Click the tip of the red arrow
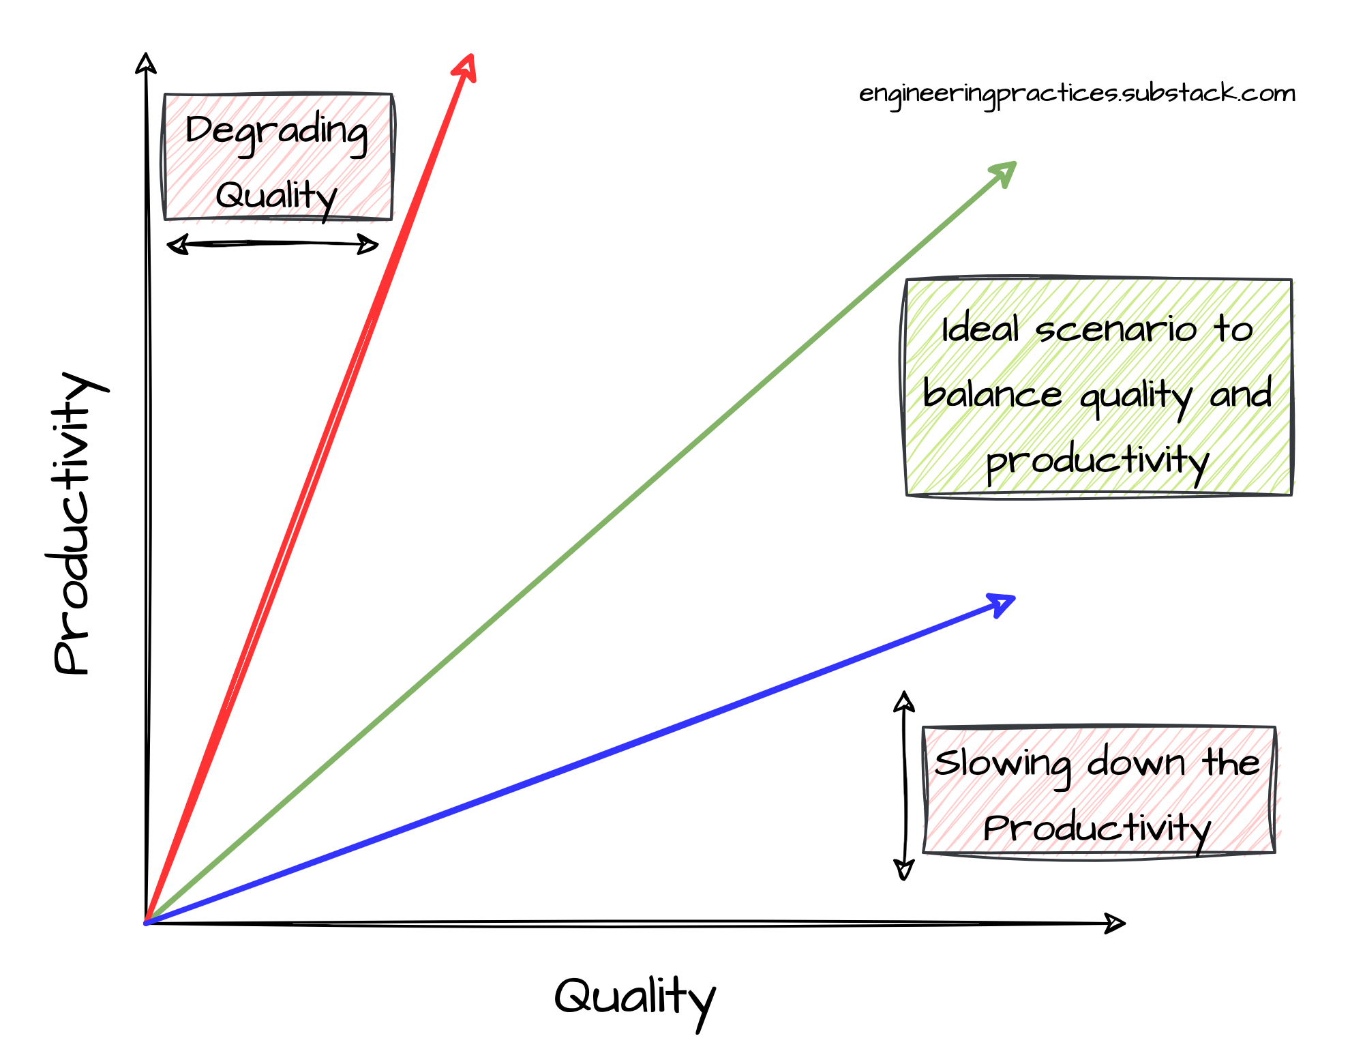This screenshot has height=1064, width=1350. pos(470,56)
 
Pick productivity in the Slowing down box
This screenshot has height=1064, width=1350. pos(1094,829)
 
